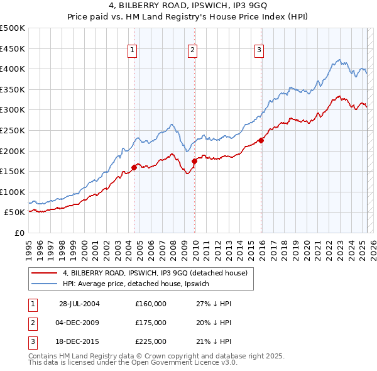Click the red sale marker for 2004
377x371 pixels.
point(134,167)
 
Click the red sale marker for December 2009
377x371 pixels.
point(194,161)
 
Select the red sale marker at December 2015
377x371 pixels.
point(261,141)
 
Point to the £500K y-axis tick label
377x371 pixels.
point(13,28)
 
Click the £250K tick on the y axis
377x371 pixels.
point(13,130)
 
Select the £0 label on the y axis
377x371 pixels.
point(19,233)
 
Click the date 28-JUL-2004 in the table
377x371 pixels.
point(79,304)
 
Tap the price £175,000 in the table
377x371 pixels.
point(151,323)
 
